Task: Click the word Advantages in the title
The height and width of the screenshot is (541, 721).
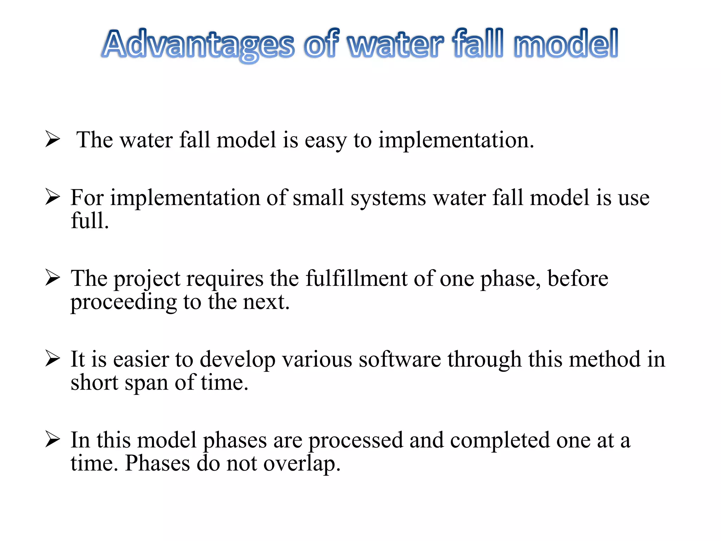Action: (x=199, y=45)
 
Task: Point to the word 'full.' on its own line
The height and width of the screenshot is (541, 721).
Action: (x=90, y=221)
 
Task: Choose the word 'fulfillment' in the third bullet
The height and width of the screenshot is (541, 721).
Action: (x=356, y=279)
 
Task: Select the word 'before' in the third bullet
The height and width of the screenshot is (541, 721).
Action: (x=578, y=279)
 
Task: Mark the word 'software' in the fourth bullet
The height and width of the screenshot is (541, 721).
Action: (x=400, y=360)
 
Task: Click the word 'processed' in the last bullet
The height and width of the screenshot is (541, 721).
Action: (x=356, y=441)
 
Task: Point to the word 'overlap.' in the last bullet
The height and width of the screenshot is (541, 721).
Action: (x=302, y=464)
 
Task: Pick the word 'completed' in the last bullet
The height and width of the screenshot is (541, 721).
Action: (x=500, y=441)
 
